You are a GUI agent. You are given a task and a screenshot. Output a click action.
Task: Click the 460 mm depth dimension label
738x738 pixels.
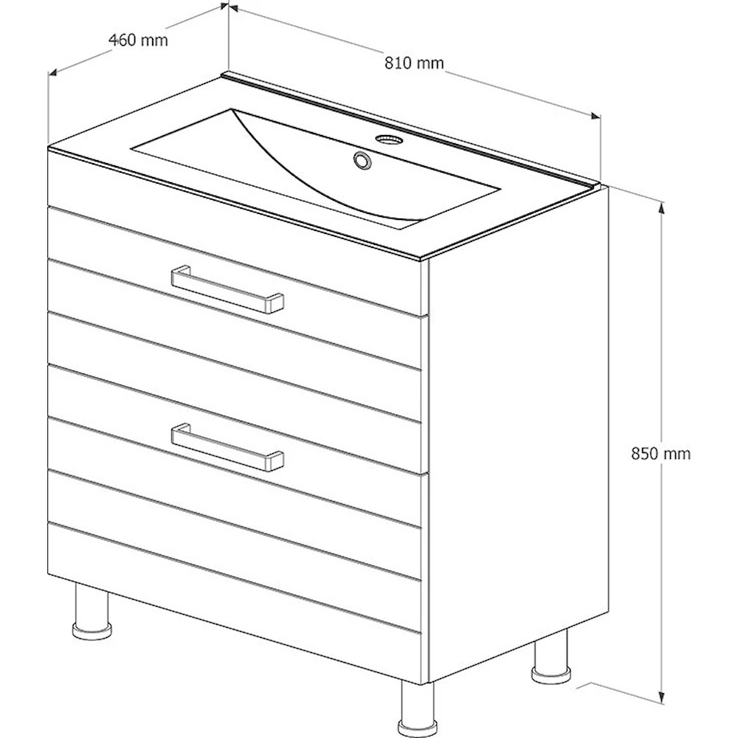(138, 40)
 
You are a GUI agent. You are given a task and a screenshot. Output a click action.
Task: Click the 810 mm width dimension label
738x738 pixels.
(414, 63)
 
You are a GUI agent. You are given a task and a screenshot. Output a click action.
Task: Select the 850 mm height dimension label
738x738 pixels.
(661, 453)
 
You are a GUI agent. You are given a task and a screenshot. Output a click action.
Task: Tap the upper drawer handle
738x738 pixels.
(227, 289)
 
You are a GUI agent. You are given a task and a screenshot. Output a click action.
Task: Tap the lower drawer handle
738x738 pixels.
(227, 447)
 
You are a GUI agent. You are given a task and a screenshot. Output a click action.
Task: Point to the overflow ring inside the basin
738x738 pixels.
(362, 159)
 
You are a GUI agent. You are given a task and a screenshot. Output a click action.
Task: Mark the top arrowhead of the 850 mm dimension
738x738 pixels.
(662, 207)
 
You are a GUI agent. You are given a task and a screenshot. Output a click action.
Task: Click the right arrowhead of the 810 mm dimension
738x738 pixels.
(596, 116)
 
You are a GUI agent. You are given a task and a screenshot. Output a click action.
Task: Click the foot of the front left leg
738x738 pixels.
(92, 631)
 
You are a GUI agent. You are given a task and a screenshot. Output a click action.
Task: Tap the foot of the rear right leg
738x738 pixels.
(551, 674)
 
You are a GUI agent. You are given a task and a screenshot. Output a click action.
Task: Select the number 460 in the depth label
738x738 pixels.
(123, 40)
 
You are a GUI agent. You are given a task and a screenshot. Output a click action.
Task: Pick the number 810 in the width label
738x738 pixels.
(399, 63)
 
